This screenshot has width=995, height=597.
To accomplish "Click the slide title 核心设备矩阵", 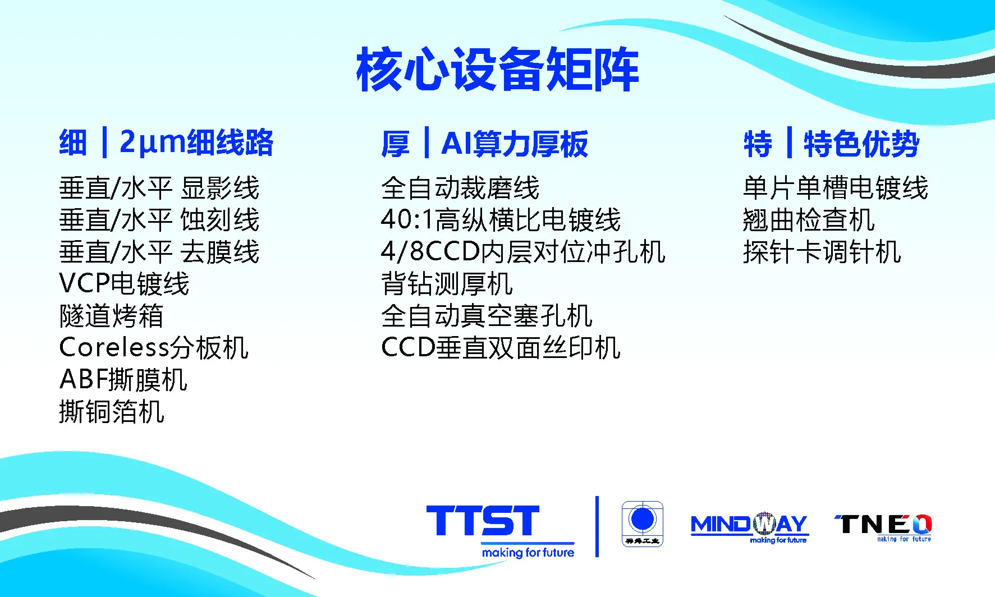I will [x=497, y=70].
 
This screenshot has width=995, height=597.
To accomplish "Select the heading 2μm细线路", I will [x=196, y=143].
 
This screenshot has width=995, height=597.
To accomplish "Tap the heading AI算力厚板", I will [x=514, y=144].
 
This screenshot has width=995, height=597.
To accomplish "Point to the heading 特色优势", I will [x=861, y=144].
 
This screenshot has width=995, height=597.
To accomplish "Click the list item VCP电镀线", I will [x=124, y=284].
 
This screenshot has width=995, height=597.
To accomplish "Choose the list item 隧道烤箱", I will [x=111, y=316].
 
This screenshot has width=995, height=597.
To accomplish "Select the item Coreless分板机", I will [x=153, y=348].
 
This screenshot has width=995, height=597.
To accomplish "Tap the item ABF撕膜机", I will [x=123, y=380].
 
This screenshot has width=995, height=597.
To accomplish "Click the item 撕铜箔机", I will [x=111, y=412].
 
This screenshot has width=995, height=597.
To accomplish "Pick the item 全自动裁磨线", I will [x=460, y=188].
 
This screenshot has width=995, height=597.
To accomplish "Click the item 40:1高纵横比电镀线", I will [x=501, y=220].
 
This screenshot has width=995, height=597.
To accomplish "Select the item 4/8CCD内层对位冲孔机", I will [x=522, y=252].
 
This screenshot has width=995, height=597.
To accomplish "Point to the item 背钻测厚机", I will [x=447, y=284].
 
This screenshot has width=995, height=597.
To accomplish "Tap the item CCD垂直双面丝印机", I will [x=501, y=348].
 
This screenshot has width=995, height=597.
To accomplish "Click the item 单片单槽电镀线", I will [x=835, y=188].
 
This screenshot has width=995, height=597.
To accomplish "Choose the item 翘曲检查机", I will [x=808, y=220].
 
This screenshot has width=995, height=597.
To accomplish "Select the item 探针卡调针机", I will [x=822, y=252].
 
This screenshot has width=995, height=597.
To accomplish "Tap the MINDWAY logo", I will [x=749, y=526].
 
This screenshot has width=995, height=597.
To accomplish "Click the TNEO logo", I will [x=883, y=526].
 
